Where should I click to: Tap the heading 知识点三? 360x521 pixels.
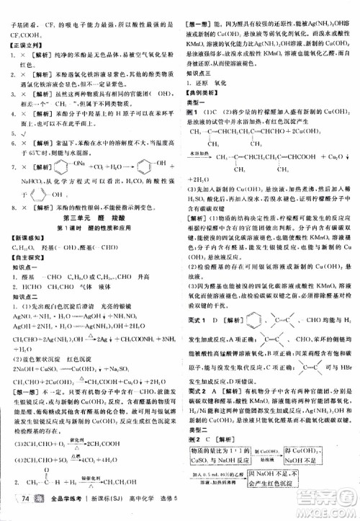click(x=199, y=74)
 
